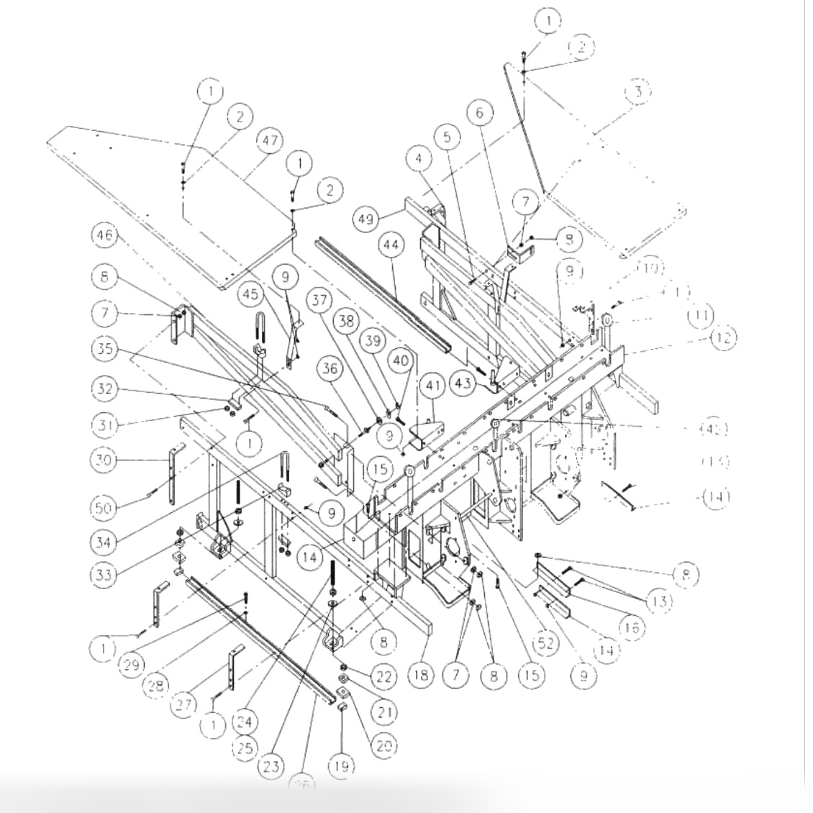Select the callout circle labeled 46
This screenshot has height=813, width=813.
tap(105, 235)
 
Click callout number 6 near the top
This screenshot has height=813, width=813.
tap(480, 112)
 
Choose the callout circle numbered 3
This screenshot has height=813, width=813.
tap(637, 92)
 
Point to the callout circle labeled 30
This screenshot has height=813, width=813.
tap(105, 460)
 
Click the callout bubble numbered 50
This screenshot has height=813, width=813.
tap(105, 508)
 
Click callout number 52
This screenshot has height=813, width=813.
tap(546, 642)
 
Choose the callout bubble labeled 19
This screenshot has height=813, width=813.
tap(342, 767)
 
